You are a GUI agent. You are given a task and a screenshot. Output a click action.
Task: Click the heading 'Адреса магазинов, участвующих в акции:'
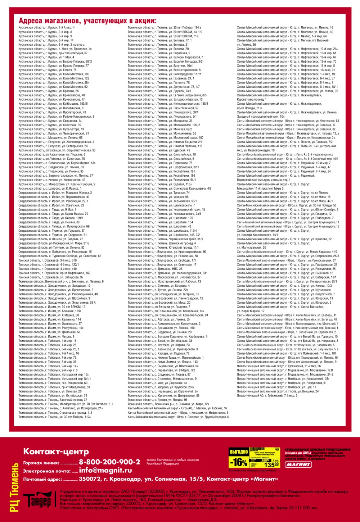tap(87, 21)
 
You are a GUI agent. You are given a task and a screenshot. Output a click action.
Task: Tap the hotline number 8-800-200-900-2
tap(109, 462)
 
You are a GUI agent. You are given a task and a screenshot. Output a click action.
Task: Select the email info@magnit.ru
tap(105, 470)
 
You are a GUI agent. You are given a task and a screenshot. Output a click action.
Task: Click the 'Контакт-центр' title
tap(56, 451)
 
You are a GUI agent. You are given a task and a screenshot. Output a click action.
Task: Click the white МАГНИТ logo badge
tap(298, 464)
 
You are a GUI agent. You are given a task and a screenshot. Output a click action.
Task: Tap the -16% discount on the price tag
tap(239, 462)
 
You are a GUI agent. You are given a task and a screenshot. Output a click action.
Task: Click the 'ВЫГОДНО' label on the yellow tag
tap(239, 451)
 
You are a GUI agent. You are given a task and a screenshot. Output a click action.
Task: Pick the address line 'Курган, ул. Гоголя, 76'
tap(48, 70)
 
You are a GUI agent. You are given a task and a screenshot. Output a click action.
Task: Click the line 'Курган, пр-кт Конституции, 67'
tap(53, 53)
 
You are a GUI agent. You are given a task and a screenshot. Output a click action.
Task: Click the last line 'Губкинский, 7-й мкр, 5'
tap(267, 396)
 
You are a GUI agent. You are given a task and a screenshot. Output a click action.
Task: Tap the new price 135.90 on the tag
tap(272, 465)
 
